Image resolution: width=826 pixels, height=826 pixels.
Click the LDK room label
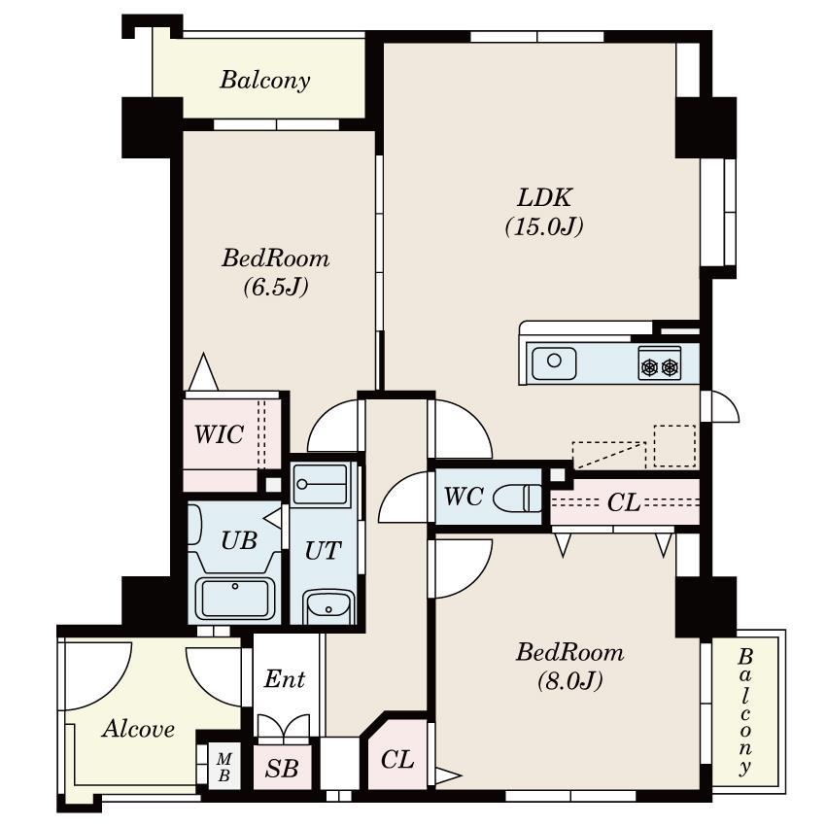544,198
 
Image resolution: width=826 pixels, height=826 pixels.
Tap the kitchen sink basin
554,363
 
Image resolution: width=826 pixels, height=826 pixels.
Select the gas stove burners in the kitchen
660,363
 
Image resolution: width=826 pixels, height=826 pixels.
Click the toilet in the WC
518,498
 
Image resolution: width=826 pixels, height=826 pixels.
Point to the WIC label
219,434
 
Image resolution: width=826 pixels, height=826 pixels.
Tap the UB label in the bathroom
239,540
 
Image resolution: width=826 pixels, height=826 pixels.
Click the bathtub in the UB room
235,599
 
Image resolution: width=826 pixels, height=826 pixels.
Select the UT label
323,551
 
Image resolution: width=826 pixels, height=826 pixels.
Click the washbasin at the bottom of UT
328,606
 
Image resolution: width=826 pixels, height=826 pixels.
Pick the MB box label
224,767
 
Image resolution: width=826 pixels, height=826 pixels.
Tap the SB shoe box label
281,769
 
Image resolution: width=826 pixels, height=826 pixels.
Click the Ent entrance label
285,678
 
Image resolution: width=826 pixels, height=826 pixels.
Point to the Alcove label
139,729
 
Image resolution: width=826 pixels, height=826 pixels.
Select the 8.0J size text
570,681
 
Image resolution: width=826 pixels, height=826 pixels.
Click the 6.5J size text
276,287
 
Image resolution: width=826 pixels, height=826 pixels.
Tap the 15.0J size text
544,226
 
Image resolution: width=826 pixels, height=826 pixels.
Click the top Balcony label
265,80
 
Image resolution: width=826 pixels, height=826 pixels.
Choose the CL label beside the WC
624,502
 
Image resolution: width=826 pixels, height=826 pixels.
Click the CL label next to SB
397,760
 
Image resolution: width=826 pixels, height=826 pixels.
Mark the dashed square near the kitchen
674,446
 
